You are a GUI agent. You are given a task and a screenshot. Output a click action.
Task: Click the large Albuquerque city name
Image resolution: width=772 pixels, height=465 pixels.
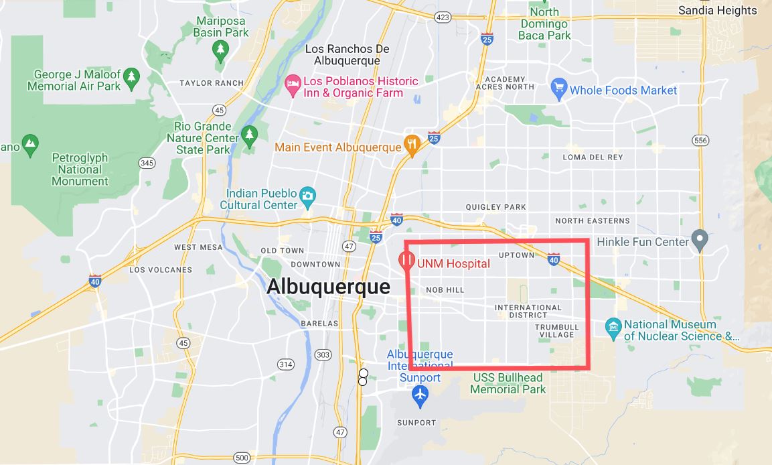(328, 287)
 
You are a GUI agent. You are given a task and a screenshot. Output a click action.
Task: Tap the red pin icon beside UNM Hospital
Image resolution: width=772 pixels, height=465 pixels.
(406, 261)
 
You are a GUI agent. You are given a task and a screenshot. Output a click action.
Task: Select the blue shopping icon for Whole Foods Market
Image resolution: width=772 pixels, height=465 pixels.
(559, 90)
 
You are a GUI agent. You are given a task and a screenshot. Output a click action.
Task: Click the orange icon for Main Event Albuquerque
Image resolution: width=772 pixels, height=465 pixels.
(412, 145)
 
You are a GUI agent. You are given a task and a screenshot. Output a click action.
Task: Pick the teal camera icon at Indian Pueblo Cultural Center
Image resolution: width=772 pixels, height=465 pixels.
(307, 196)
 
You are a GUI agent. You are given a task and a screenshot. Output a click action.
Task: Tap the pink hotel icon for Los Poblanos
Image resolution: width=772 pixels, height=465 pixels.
(293, 85)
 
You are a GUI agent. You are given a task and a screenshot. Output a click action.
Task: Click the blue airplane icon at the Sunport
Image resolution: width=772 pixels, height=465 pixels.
(420, 395)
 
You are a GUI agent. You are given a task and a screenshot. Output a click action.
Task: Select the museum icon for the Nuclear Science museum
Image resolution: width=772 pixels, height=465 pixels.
(613, 328)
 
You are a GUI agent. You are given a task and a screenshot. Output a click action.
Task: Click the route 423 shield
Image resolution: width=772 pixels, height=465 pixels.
(442, 17)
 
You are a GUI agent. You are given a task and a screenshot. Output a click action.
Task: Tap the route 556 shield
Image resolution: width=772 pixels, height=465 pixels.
(700, 140)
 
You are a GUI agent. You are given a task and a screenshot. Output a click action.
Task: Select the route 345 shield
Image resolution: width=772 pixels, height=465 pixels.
(147, 163)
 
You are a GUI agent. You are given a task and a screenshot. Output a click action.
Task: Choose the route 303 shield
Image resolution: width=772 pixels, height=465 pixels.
(323, 354)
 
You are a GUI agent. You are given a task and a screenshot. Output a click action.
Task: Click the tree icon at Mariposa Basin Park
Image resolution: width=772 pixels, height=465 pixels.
(220, 49)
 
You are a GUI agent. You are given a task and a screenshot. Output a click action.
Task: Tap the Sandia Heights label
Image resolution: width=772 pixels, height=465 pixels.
(717, 10)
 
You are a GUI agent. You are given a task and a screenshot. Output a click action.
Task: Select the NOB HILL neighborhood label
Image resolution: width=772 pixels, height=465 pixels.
(445, 290)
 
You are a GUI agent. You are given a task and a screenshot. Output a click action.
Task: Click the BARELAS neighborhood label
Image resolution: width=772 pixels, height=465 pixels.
(319, 323)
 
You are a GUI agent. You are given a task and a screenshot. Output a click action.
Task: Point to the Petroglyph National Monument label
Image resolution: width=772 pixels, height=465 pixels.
(80, 170)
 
